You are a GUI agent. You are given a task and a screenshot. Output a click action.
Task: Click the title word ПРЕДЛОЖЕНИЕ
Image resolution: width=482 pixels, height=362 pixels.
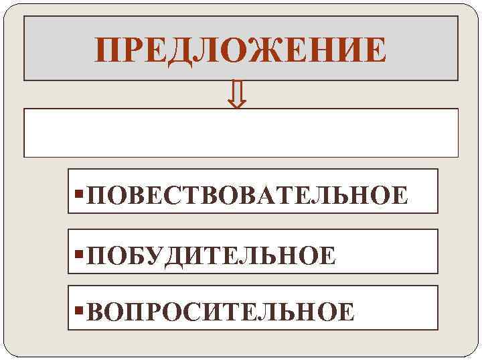(x=240, y=50)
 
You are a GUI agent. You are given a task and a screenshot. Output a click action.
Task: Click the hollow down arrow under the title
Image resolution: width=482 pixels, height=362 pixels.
(x=236, y=95)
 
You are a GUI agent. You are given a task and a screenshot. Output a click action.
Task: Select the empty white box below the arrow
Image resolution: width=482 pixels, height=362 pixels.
(x=241, y=133)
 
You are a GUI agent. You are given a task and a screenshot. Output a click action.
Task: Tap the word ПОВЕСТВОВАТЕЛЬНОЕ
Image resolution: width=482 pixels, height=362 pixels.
(x=247, y=195)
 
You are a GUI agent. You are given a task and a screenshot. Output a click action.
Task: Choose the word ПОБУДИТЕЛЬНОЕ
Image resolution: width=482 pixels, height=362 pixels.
(x=212, y=255)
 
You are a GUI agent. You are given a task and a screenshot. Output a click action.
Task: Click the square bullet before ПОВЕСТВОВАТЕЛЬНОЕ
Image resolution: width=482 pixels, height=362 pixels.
(x=80, y=194)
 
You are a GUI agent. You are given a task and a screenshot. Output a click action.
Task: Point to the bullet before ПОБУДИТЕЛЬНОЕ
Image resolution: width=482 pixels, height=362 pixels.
(x=80, y=254)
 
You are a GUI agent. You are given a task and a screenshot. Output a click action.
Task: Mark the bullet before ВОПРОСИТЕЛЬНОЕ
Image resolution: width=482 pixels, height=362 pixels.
(x=80, y=310)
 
